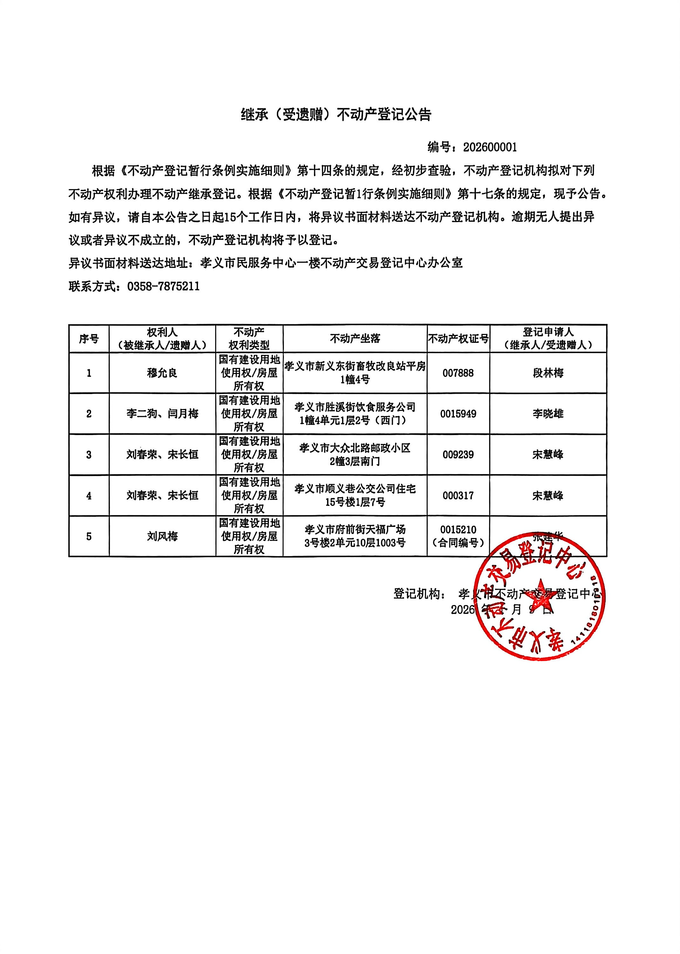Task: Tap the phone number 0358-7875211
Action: coord(163,287)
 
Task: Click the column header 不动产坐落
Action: coord(355,338)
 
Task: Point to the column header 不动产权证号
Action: coord(458,338)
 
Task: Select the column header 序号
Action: coord(89,338)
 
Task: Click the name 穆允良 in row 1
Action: coord(162,373)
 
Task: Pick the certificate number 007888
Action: coord(458,373)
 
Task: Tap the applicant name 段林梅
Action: coord(548,373)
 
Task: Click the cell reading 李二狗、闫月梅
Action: coord(162,414)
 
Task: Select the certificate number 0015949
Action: coord(458,414)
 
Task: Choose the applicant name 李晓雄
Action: coord(548,414)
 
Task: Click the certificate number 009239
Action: coord(458,454)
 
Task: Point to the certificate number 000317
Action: coord(458,495)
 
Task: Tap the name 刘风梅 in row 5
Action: coord(162,536)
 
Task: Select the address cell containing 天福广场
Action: coord(355,536)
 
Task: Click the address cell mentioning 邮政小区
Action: coord(355,454)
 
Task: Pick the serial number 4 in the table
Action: coord(89,495)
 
